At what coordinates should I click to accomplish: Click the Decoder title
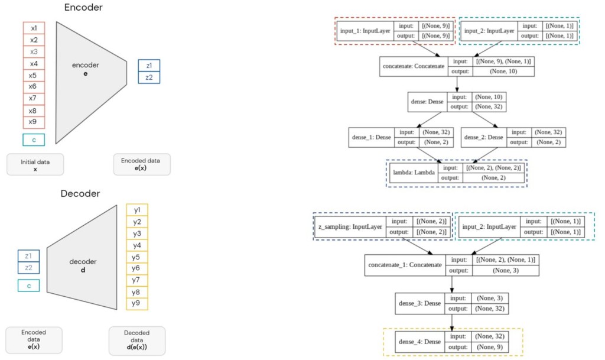pos(80,194)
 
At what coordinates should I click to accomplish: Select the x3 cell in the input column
pos(34,52)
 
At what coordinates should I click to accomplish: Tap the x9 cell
pos(34,122)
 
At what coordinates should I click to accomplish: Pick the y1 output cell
pos(137,210)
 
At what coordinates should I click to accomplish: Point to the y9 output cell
pos(137,304)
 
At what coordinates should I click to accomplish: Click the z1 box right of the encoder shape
pos(149,66)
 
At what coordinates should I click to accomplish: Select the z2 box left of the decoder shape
pos(28,268)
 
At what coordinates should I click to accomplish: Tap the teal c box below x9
pos(34,140)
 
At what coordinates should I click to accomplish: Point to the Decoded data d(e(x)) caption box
pos(137,340)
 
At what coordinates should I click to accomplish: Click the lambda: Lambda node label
pos(412,173)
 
